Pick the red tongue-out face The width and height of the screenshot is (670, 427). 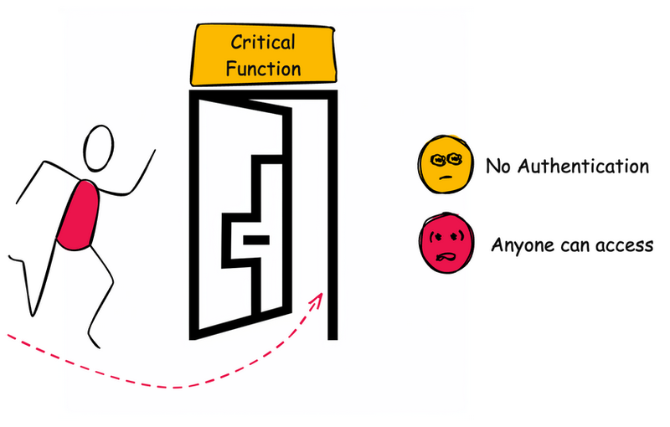(x=445, y=244)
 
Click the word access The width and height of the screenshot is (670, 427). (x=622, y=246)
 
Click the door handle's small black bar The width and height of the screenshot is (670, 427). (x=255, y=241)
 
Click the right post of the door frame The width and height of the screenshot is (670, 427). (x=332, y=218)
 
